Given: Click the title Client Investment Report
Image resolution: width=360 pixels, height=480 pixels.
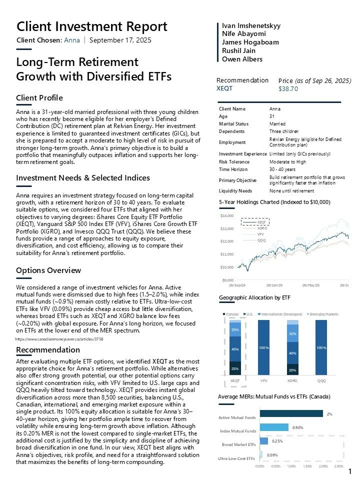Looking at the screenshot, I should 92,26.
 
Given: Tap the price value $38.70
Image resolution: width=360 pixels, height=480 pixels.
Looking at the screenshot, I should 288,88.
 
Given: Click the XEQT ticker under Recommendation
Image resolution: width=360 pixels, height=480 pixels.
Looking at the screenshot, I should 224,88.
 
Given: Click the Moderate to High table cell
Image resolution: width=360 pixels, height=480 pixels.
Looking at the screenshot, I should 286,161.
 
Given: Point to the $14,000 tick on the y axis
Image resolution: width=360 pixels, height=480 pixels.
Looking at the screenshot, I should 227,215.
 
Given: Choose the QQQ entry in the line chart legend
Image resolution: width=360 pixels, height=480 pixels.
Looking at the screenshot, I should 261,240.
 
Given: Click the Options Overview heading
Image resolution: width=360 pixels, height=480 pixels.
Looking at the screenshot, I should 48,270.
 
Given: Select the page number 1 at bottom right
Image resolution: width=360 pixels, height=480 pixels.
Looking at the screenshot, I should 350,471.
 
